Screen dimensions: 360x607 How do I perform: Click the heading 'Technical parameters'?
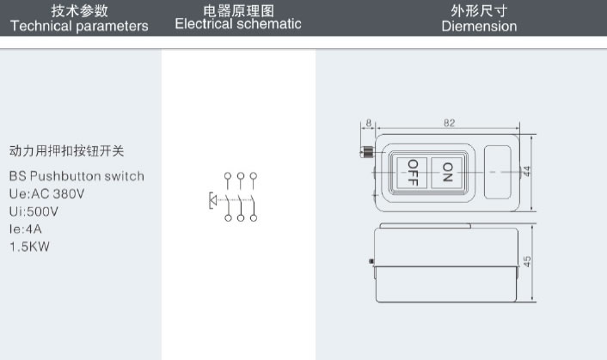(79, 26)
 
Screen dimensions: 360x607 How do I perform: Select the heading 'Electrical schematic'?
(238, 24)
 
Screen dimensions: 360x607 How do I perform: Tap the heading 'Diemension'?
(479, 26)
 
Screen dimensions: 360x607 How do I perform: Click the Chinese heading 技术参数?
(80, 10)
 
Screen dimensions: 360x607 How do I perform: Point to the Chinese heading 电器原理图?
(238, 9)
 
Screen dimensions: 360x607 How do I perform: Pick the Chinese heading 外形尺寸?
(479, 10)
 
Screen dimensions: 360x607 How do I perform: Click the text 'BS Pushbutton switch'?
(77, 176)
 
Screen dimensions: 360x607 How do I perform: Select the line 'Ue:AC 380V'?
(47, 193)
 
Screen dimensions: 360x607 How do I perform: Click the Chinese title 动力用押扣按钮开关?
(66, 150)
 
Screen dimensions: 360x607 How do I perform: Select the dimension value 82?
(449, 123)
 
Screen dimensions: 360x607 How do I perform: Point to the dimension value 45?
(527, 263)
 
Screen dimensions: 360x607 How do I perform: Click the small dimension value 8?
(368, 123)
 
